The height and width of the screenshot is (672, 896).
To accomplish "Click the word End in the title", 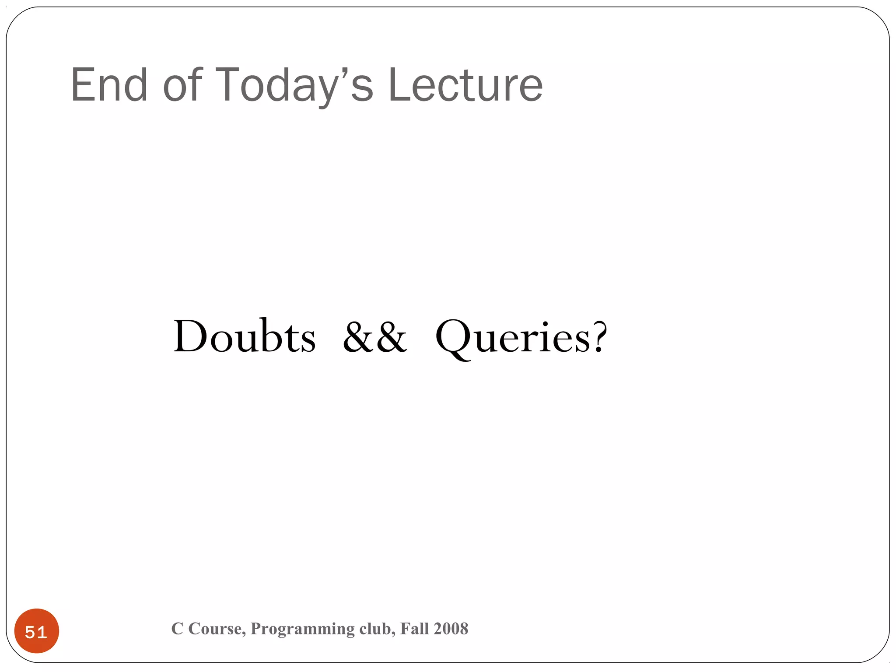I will (x=109, y=85).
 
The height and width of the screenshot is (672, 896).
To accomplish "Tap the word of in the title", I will (x=183, y=85).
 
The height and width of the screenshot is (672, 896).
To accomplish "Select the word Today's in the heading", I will (x=294, y=86).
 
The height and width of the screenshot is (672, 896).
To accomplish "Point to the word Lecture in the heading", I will (x=465, y=85).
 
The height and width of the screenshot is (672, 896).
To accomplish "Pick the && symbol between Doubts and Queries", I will (x=375, y=337).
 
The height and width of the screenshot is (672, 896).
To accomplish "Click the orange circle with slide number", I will (x=37, y=631).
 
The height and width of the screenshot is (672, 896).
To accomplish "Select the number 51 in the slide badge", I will (x=36, y=632).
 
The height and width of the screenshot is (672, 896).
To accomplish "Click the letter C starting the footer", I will (x=177, y=629).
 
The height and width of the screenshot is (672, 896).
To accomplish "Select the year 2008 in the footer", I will (x=451, y=629).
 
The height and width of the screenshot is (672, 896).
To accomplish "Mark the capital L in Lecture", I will (x=399, y=85).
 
